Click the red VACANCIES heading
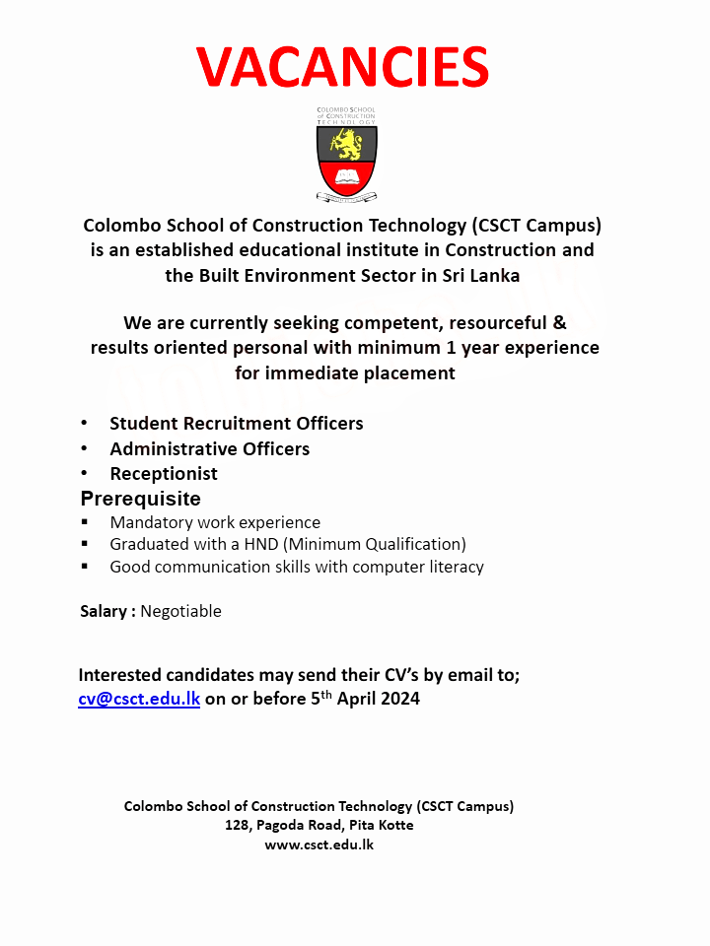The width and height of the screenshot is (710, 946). click(343, 67)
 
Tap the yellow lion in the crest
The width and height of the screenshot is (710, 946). click(346, 144)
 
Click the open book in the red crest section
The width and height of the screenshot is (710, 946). click(346, 177)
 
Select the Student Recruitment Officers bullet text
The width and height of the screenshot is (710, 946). click(236, 424)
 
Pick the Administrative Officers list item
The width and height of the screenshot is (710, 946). click(209, 448)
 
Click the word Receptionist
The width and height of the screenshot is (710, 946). click(164, 474)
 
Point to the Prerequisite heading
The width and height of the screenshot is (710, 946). click(140, 499)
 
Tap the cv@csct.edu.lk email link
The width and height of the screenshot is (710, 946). click(139, 700)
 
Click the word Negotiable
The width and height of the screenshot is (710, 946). click(180, 611)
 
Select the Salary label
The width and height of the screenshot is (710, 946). click(104, 611)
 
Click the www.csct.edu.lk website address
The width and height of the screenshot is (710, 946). click(319, 845)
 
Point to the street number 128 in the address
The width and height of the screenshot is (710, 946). click(238, 825)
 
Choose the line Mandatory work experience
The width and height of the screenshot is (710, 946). click(215, 522)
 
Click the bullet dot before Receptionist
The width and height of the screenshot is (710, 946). click(85, 474)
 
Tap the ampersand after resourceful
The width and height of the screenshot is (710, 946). click(560, 322)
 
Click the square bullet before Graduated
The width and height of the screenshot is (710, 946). click(85, 544)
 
